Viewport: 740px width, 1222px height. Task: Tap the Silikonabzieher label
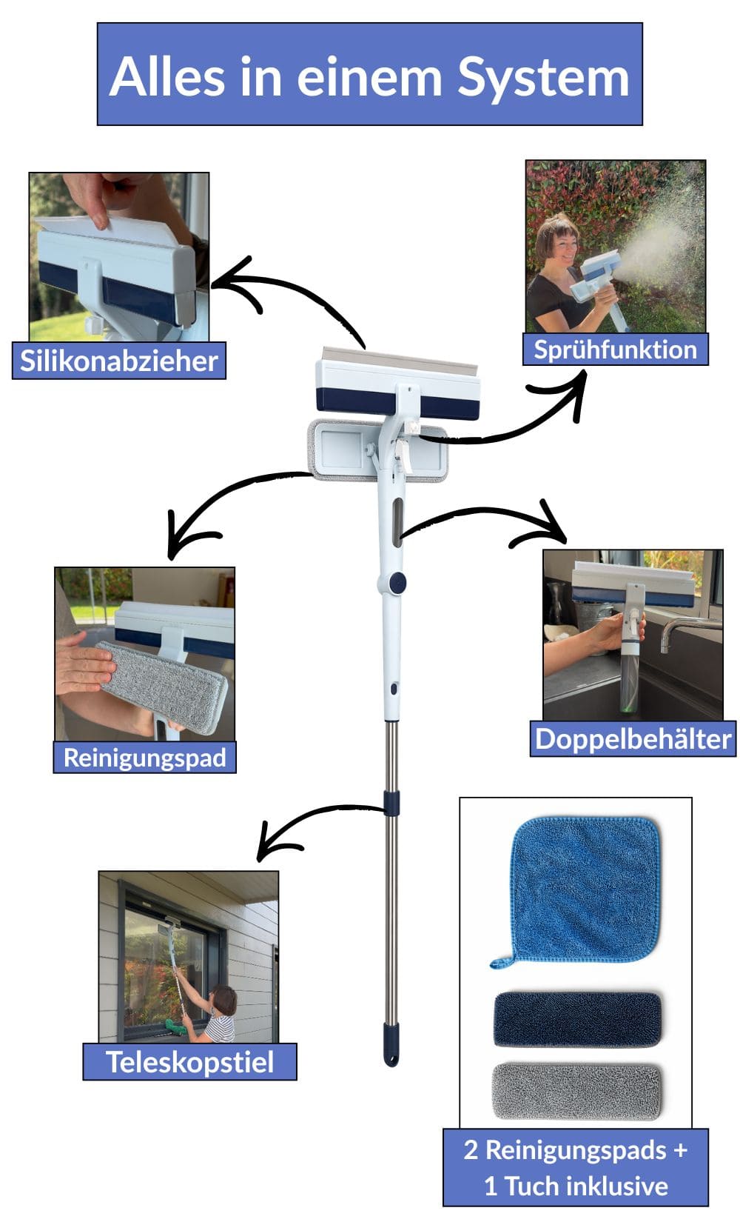pos(119,361)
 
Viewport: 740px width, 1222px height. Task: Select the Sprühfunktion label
pos(615,349)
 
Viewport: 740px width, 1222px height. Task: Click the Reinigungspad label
pos(144,757)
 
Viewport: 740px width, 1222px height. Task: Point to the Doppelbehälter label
pos(633,738)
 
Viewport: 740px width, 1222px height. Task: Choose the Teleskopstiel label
pos(189,1061)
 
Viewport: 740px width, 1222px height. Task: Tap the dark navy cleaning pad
pos(577,1019)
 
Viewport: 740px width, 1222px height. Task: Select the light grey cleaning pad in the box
pos(576,1091)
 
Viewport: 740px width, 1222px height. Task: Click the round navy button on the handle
pos(398,582)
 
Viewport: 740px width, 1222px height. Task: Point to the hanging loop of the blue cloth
pos(500,961)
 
